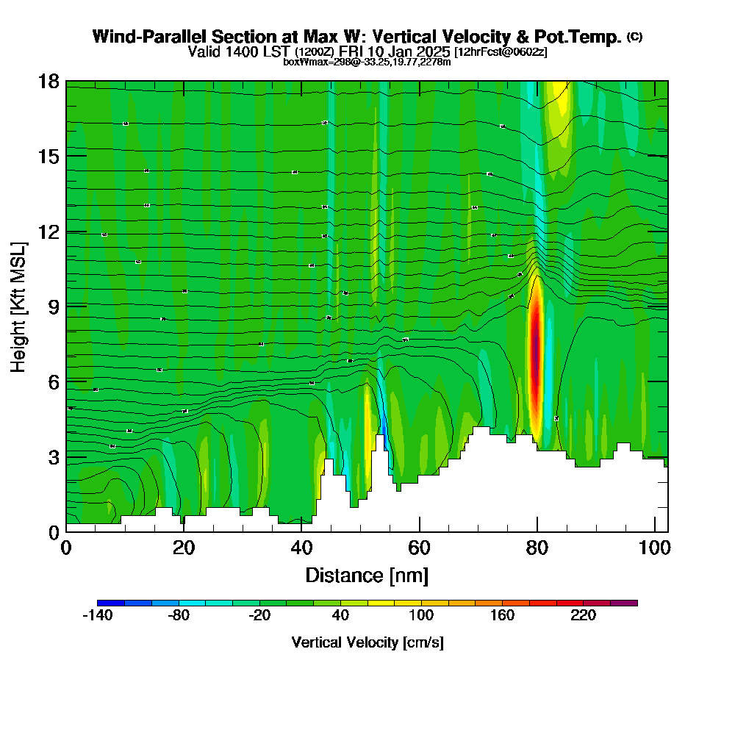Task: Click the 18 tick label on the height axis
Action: click(x=49, y=81)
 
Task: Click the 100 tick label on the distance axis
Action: click(x=654, y=548)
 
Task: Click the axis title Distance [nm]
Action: click(x=366, y=575)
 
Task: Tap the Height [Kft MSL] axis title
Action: click(x=18, y=306)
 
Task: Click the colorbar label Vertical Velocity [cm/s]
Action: click(x=367, y=642)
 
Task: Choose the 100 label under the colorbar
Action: click(x=421, y=616)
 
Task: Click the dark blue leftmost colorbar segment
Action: click(x=111, y=603)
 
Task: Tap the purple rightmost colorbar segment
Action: click(x=623, y=603)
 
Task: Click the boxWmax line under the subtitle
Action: click(x=367, y=62)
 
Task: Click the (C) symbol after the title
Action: click(x=634, y=37)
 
